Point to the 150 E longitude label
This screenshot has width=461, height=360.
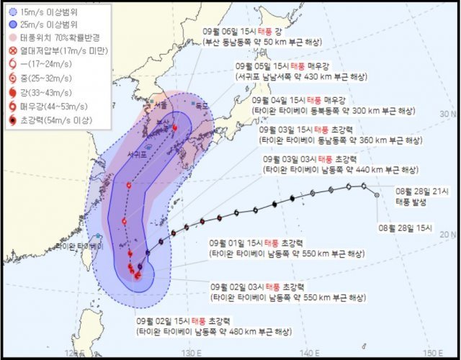(431, 352)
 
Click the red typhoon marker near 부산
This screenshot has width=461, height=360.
(174, 127)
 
